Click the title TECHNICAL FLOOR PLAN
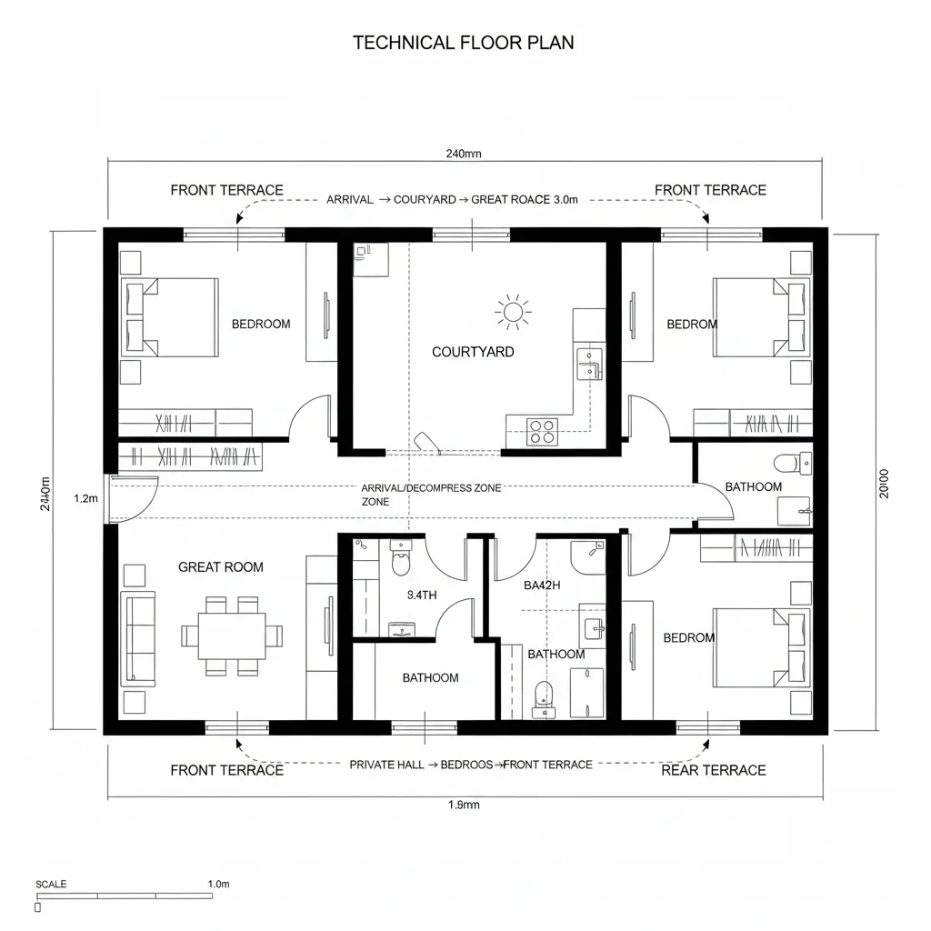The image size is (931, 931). (463, 43)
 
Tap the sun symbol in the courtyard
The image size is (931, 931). (513, 313)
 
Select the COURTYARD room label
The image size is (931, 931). (473, 352)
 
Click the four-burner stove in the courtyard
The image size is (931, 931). (543, 431)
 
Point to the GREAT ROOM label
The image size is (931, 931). (220, 567)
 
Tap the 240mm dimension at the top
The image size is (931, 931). (464, 154)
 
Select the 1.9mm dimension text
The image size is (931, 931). (464, 805)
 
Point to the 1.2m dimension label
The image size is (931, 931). (85, 498)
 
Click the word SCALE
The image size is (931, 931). (51, 884)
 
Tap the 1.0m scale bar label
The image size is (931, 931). (219, 884)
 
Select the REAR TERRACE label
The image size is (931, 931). (713, 770)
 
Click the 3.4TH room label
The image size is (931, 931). (421, 596)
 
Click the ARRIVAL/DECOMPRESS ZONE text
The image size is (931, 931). (430, 488)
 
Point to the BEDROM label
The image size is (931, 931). (692, 325)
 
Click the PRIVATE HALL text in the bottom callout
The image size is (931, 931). (386, 766)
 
